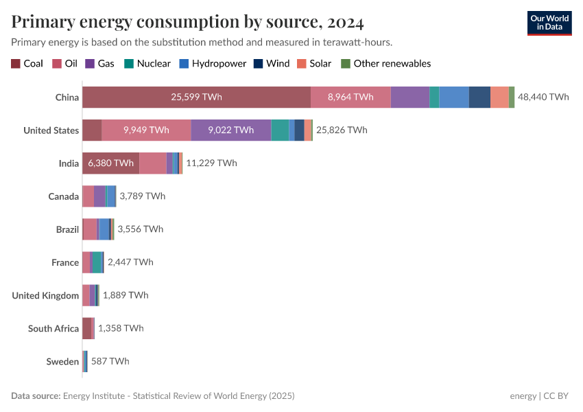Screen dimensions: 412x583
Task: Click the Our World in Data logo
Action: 549,23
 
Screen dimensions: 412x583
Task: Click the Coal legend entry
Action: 27,63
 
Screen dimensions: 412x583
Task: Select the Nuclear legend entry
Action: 147,63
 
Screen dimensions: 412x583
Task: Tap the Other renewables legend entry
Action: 386,63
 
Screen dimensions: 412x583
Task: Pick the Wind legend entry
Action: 272,63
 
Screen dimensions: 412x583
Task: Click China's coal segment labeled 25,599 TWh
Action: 196,97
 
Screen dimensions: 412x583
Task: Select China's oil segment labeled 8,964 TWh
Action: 350,97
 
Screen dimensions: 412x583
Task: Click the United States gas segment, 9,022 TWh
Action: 231,130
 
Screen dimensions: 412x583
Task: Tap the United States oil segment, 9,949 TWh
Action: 146,130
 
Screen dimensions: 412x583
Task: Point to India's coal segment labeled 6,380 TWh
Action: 110,163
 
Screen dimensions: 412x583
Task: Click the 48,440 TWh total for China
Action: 543,97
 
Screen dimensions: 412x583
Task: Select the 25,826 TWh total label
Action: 342,130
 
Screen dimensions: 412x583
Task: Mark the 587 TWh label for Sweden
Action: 110,361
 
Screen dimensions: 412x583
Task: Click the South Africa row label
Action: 53,328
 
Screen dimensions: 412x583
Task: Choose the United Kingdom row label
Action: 45,295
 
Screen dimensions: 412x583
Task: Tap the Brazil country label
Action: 67,229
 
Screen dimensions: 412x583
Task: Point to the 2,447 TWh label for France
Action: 130,262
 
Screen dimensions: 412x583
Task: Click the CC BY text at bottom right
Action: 558,396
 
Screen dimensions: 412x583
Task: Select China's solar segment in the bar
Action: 499,97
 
